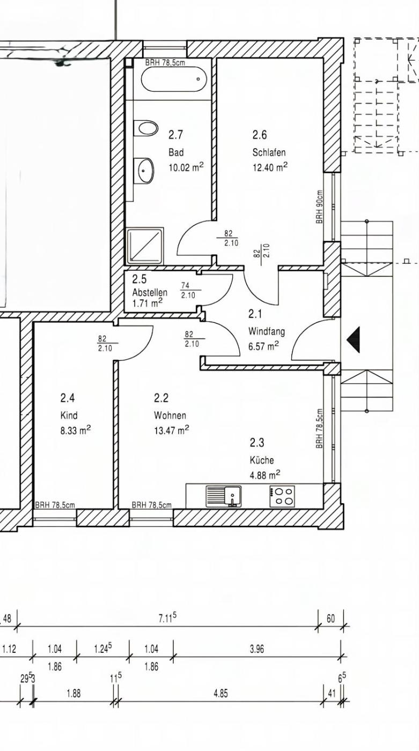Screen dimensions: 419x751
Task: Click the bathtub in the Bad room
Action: (174, 79)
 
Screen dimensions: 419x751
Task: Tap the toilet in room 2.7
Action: (146, 128)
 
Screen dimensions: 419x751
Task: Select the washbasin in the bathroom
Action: (144, 171)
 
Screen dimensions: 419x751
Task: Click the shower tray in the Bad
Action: (146, 245)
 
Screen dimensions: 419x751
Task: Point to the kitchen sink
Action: (224, 496)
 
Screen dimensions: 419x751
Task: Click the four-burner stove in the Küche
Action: (282, 496)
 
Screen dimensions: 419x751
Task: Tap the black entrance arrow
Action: (354, 339)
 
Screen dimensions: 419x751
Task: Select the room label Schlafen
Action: (269, 152)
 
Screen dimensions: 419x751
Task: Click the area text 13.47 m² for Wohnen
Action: (171, 430)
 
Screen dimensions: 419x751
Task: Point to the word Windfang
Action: (267, 332)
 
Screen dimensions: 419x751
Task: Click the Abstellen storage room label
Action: (150, 292)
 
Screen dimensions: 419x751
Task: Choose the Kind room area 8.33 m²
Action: (76, 430)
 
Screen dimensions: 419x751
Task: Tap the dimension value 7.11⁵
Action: (167, 617)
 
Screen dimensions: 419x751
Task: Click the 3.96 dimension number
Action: (257, 649)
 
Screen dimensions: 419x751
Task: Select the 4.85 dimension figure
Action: (220, 693)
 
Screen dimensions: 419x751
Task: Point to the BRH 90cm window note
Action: (320, 207)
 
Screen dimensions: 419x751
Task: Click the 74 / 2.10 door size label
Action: (188, 290)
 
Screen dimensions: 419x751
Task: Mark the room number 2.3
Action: (257, 443)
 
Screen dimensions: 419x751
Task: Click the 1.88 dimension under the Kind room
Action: (73, 693)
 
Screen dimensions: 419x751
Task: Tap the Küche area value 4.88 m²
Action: (265, 475)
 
